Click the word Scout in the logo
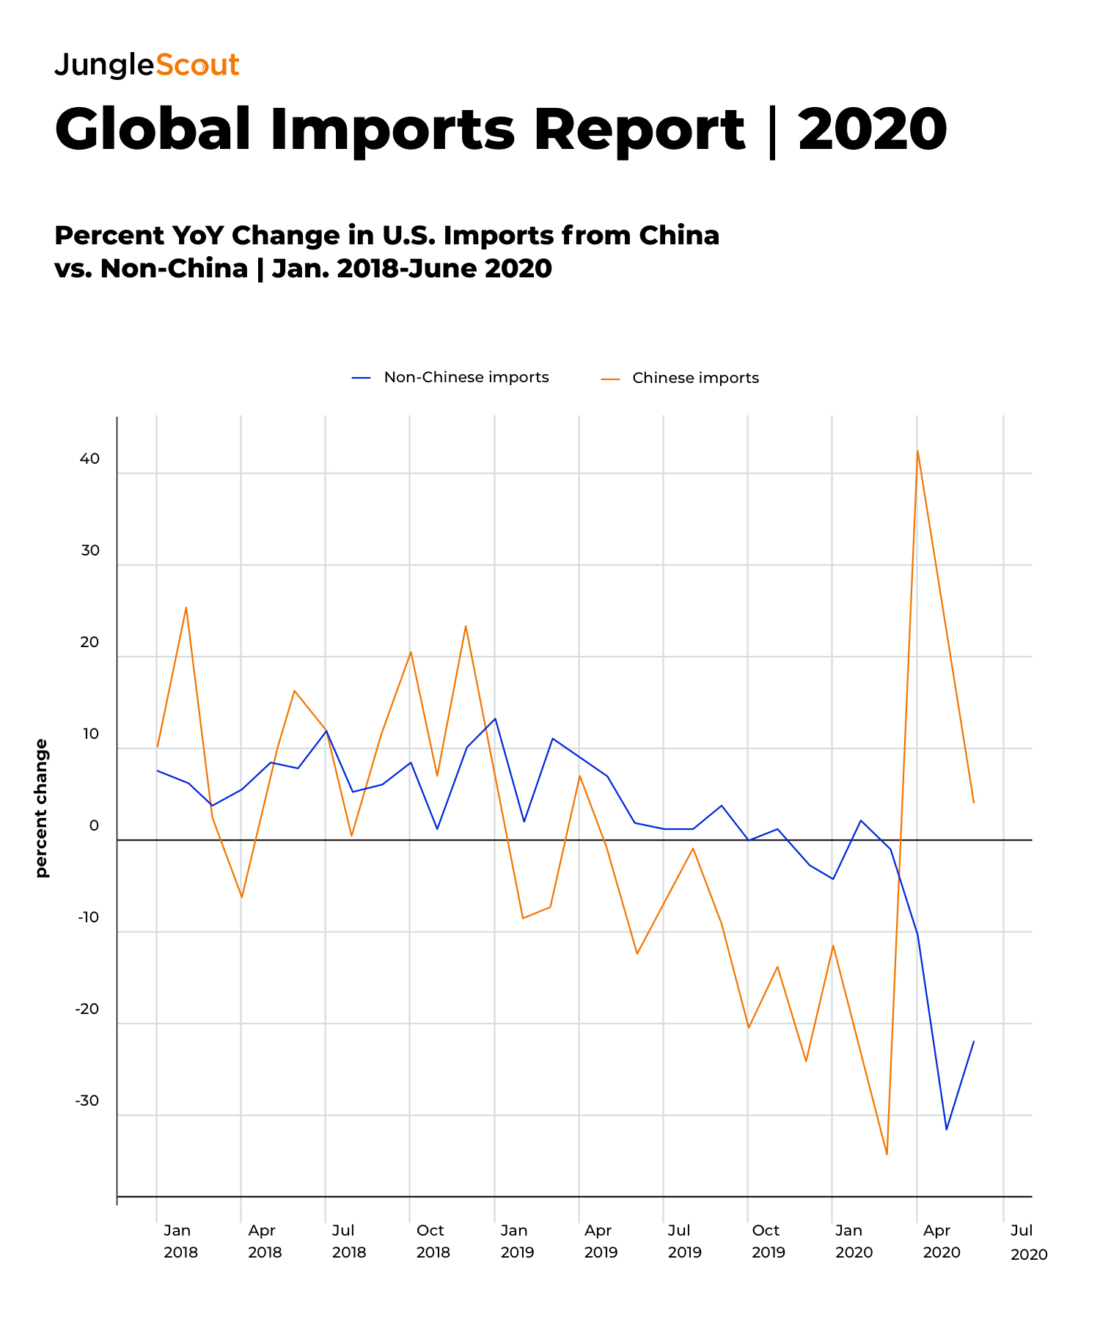tap(197, 65)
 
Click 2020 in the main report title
tap(873, 130)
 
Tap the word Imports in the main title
tap(392, 130)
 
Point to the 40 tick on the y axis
tap(89, 459)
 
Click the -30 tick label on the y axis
tap(87, 1101)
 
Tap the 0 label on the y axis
tap(94, 825)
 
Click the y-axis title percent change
tap(41, 808)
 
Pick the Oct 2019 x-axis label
tap(768, 1241)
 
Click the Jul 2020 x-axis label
tap(1027, 1241)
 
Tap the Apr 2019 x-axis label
tap(600, 1241)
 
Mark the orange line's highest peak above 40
tap(917, 450)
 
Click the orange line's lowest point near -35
tap(887, 1154)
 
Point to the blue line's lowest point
tap(946, 1129)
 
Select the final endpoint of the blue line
tap(974, 1041)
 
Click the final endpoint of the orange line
tap(974, 803)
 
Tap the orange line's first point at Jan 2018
tap(157, 747)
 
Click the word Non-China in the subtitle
tap(174, 269)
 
